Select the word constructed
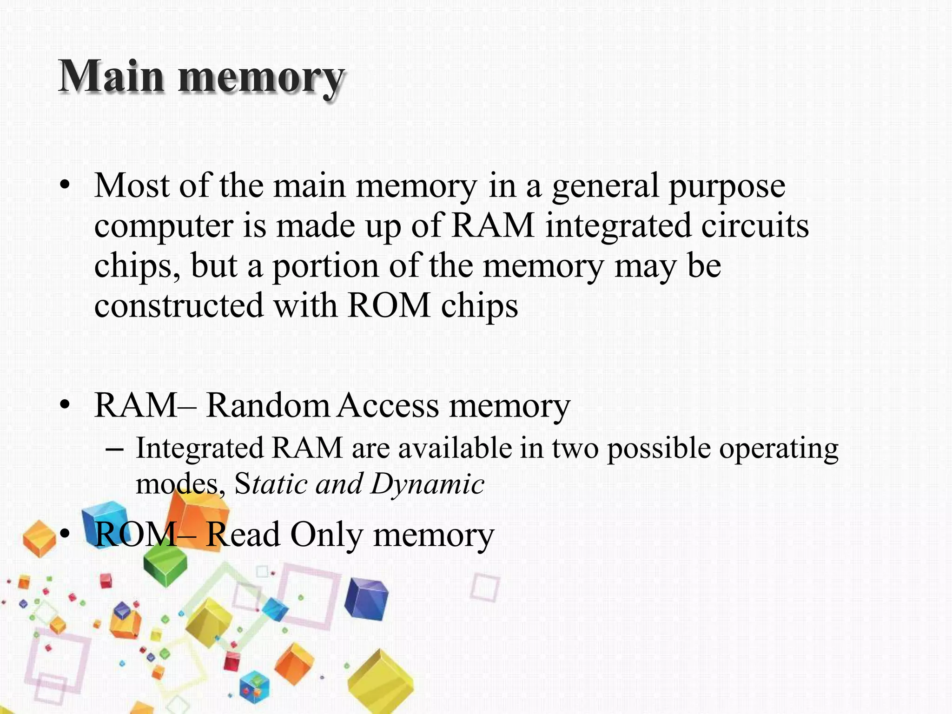[x=179, y=306]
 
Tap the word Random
[x=267, y=405]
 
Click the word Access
[x=388, y=405]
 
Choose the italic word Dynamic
[x=428, y=484]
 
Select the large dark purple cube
[x=367, y=599]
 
